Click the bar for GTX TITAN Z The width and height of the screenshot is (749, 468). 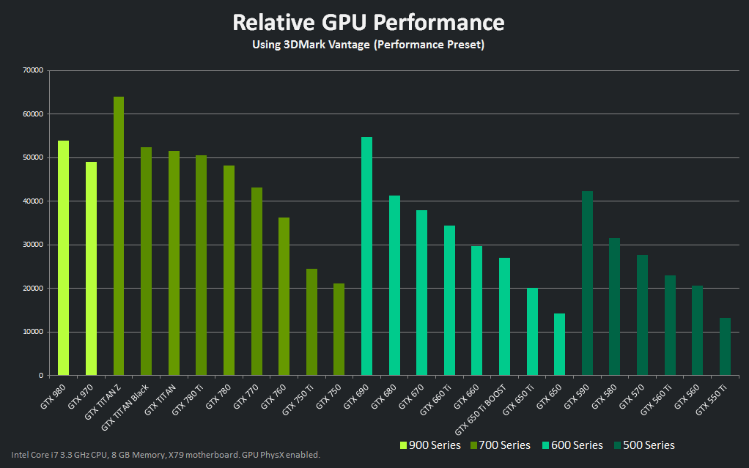coord(119,236)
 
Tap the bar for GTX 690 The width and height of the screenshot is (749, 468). coord(366,256)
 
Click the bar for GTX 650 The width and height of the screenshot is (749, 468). coord(559,344)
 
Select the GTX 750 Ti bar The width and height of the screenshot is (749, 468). coord(311,322)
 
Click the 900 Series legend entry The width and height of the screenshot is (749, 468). coord(430,445)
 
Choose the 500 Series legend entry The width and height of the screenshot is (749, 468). coord(644,445)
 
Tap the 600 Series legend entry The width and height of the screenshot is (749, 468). coord(572,445)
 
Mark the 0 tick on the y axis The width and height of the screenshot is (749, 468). coord(42,375)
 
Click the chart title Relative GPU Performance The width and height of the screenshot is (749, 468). coord(369,22)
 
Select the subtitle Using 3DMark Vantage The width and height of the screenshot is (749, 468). coord(369,45)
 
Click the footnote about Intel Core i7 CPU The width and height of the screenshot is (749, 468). coord(166,455)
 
